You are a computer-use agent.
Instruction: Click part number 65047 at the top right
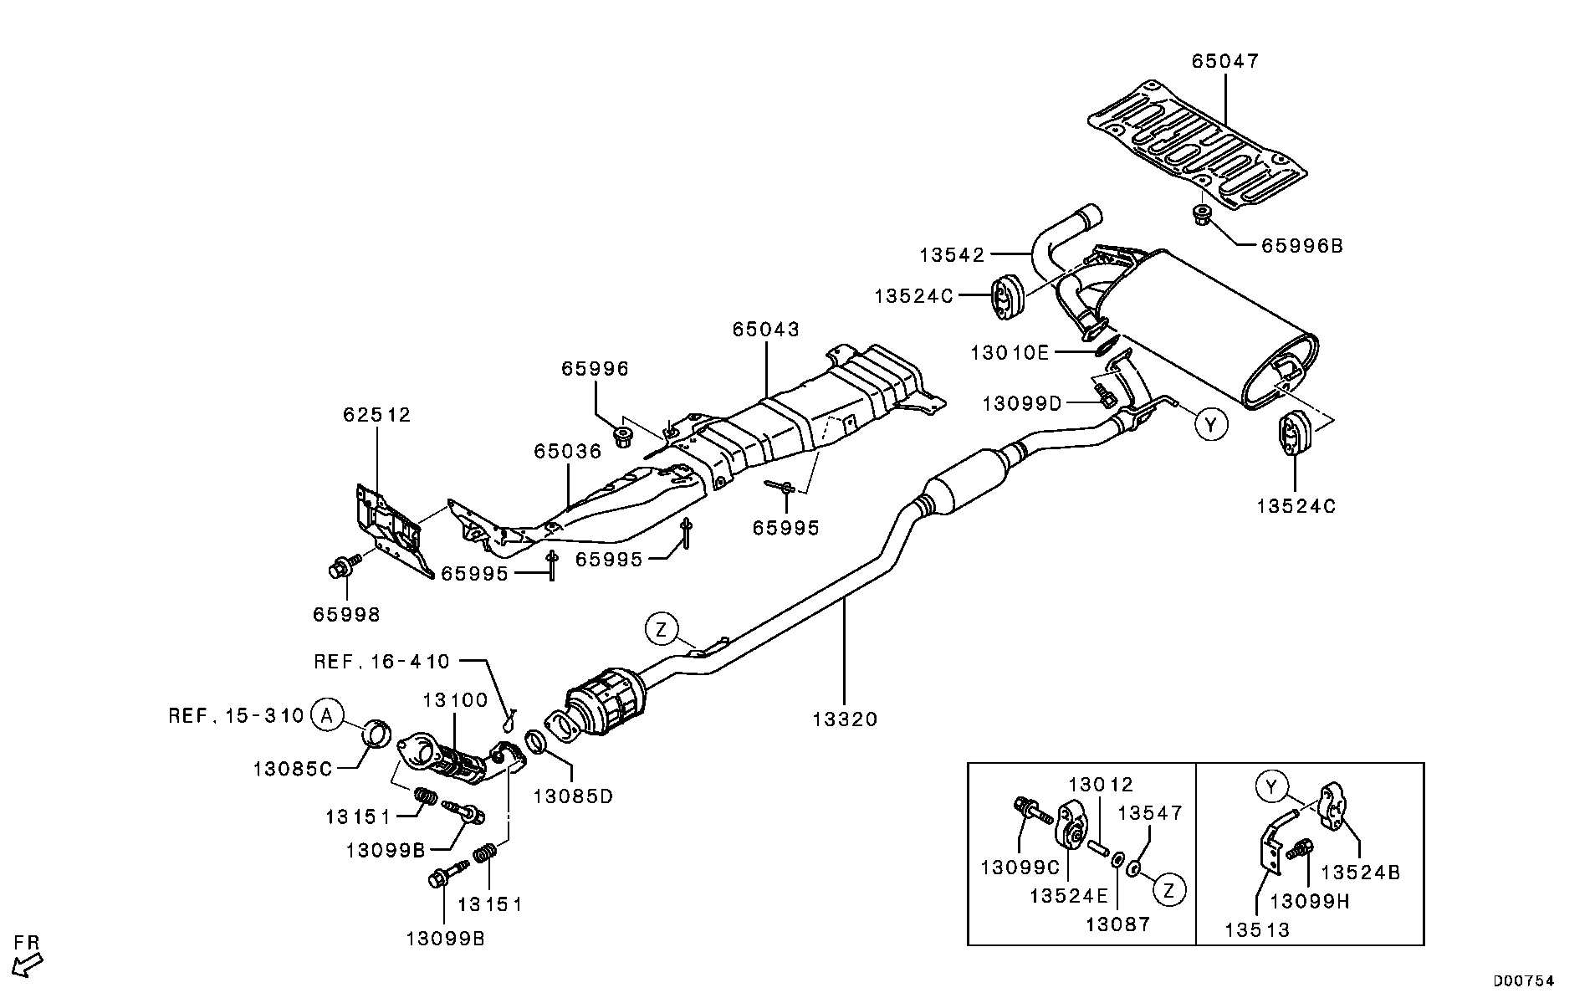click(x=1225, y=61)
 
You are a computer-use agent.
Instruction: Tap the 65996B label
click(x=1301, y=246)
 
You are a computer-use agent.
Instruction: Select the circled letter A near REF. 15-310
click(x=327, y=715)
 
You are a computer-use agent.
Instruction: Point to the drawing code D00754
click(x=1524, y=980)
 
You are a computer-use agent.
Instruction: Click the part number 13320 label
click(x=845, y=719)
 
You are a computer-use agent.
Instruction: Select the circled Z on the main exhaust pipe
click(x=662, y=629)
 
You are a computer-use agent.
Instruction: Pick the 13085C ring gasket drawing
click(x=379, y=734)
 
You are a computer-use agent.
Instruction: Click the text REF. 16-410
click(x=381, y=662)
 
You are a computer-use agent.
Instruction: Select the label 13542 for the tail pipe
click(x=953, y=254)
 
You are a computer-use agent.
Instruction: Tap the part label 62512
click(x=377, y=415)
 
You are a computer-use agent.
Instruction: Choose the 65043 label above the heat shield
click(x=766, y=330)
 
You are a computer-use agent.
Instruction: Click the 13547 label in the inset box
click(x=1151, y=812)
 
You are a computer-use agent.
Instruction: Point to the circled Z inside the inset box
click(x=1169, y=890)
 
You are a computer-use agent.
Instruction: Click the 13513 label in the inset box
click(x=1257, y=929)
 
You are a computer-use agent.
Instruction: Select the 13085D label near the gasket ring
click(x=573, y=796)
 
